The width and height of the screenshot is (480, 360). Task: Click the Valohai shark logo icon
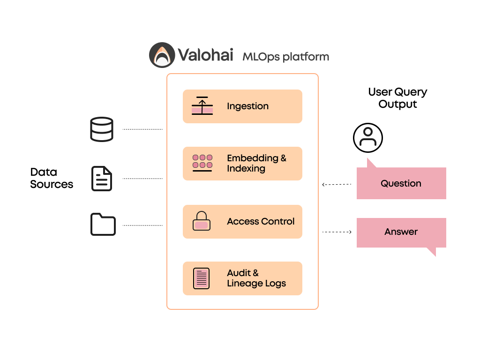click(162, 55)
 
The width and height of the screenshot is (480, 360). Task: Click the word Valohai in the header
click(205, 55)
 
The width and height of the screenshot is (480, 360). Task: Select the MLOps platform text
click(285, 57)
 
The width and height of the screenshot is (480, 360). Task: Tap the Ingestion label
click(247, 106)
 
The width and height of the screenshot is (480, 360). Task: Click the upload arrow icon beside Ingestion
click(202, 106)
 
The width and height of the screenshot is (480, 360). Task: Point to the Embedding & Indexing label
click(256, 163)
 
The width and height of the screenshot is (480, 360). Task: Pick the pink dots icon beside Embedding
click(202, 162)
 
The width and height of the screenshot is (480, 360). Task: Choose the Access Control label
click(261, 221)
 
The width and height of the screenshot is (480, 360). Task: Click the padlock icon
click(202, 221)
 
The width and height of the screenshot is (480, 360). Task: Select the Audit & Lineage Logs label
click(256, 278)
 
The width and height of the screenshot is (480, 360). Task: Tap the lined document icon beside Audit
click(202, 278)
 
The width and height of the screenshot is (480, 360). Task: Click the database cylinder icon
click(102, 129)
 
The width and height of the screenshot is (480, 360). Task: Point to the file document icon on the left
click(102, 179)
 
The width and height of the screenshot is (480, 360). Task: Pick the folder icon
click(103, 224)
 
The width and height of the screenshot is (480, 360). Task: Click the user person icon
click(368, 136)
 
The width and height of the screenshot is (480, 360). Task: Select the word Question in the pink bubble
click(401, 183)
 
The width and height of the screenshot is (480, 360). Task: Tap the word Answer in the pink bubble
click(401, 232)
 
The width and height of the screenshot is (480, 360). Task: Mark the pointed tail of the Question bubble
click(370, 163)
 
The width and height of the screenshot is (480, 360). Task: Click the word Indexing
click(246, 169)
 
